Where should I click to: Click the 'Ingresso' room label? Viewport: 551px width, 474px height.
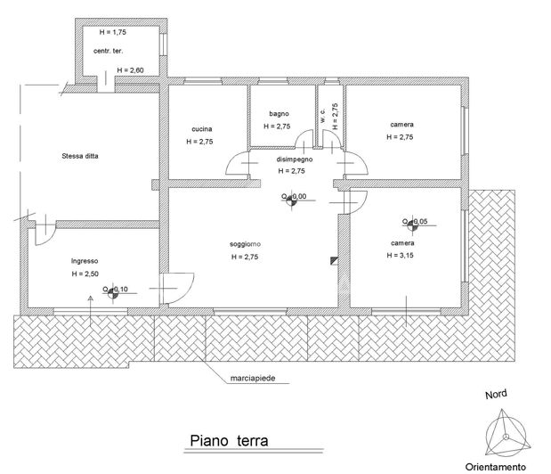(85, 261)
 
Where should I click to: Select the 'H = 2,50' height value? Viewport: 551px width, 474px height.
(85, 274)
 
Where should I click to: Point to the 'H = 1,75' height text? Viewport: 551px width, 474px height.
(113, 32)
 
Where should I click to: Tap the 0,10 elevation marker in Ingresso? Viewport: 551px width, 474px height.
(109, 291)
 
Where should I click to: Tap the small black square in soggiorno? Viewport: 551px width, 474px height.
(334, 260)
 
